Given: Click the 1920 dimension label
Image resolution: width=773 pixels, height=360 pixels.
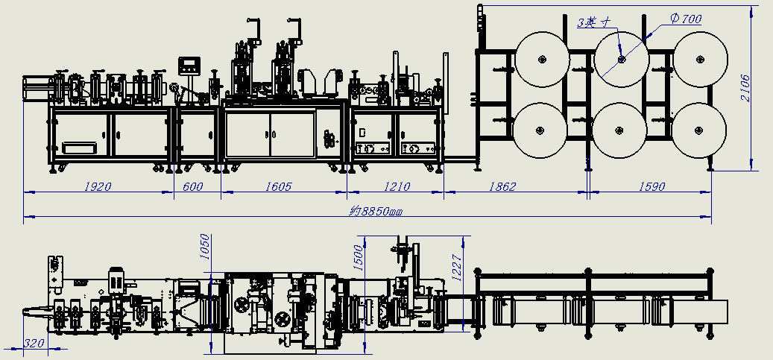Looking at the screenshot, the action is click(98, 186).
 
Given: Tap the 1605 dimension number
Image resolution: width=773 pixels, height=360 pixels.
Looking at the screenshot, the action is click(279, 186).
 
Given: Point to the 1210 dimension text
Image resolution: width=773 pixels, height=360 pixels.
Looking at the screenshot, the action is click(397, 186).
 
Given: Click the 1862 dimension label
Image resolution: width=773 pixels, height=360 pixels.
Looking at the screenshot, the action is click(502, 186).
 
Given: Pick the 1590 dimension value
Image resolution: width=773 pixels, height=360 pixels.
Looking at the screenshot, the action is click(651, 186).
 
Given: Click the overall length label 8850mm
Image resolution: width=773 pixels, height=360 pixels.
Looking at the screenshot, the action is click(376, 212).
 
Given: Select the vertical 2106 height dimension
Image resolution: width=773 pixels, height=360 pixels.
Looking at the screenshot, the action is click(745, 88).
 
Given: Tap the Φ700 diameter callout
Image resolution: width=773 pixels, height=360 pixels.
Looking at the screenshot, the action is click(686, 19).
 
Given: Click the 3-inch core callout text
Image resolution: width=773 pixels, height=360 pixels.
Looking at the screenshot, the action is click(595, 22).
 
